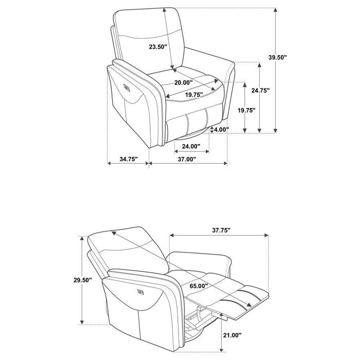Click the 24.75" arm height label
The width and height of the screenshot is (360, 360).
coord(261,91)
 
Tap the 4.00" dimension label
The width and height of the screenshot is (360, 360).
coord(221,130)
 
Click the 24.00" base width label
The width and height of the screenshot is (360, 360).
coord(191,146)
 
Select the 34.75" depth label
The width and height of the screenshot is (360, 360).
coord(128,159)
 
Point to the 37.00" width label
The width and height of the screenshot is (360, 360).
coord(187,159)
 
